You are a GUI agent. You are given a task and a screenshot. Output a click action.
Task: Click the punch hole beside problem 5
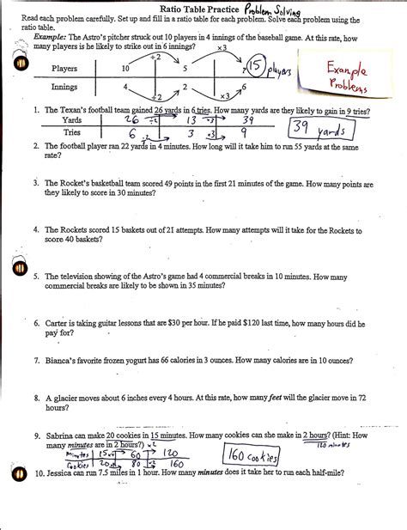pyautogui.click(x=17, y=266)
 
